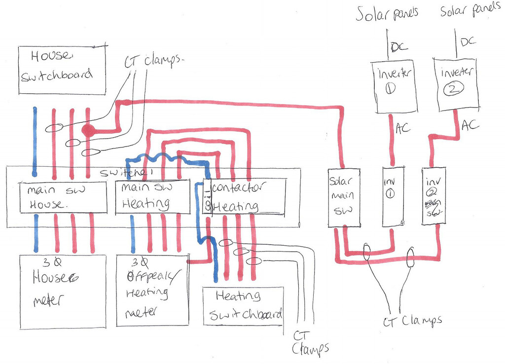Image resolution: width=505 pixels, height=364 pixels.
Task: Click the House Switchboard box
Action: coord(62,70)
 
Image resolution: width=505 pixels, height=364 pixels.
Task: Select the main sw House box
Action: coord(63,197)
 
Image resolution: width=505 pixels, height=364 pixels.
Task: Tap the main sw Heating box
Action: coord(152,197)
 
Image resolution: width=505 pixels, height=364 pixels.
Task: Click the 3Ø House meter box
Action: coord(63,291)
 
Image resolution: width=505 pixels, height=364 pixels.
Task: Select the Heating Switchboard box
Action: coord(244,306)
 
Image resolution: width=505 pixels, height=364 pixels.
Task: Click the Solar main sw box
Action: coord(344,197)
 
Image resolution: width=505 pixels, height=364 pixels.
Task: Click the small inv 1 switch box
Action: coord(393,196)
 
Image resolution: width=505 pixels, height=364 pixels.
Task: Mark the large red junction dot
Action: coord(88,131)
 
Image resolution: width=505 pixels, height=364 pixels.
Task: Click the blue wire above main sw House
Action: coord(35,141)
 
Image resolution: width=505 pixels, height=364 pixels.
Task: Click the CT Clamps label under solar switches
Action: coord(412,321)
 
